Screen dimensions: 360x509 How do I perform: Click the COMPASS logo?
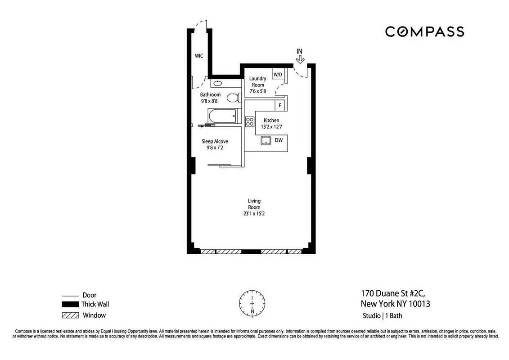tap(424, 31)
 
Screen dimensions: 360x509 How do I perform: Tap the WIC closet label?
tap(198, 56)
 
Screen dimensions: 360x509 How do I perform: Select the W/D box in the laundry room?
tap(278, 74)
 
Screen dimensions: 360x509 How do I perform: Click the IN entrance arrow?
tap(300, 56)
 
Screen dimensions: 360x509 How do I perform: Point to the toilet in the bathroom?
tap(232, 98)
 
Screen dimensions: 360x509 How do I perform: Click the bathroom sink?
tap(217, 83)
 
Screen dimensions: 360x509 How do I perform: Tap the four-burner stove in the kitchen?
tap(250, 121)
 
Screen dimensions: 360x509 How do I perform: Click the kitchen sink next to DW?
tap(266, 140)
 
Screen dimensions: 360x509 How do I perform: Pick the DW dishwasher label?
tap(279, 140)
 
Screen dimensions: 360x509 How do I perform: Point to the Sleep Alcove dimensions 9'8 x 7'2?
tap(215, 148)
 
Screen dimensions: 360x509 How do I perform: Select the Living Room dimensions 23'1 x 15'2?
tap(254, 214)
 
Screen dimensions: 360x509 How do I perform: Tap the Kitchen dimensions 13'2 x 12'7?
tap(271, 127)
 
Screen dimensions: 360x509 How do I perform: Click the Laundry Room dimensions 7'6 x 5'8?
tap(258, 91)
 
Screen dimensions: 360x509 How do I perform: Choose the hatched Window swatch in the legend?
tap(70, 315)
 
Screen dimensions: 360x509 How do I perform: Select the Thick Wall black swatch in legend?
tap(70, 305)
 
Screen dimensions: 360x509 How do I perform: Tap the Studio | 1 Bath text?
tap(383, 316)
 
